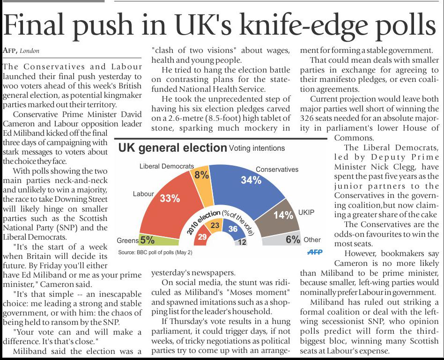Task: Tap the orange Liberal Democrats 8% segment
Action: pos(201,184)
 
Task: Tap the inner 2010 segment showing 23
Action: pos(215,225)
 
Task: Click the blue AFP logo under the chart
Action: pos(315,251)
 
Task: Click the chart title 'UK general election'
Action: pos(172,148)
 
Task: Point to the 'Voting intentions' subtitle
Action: pos(257,148)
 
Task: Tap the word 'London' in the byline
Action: pos(30,51)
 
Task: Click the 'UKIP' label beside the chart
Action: pos(306,212)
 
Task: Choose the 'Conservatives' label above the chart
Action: pos(277,169)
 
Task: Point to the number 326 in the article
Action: pos(306,118)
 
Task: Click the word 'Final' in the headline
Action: pos(33,25)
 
